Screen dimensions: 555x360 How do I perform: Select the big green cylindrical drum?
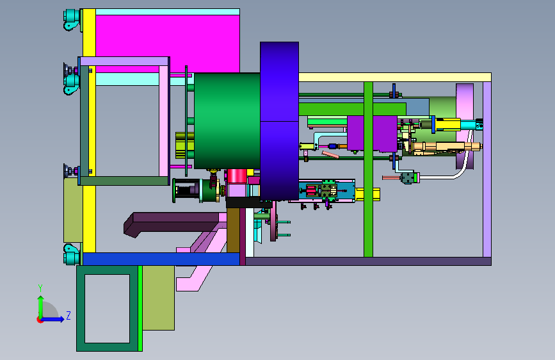click(227, 121)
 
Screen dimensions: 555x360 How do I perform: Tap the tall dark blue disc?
click(279, 121)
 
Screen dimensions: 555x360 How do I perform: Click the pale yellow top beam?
click(395, 78)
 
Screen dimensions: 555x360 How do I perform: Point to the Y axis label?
click(40, 288)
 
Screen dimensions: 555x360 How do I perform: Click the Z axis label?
click(68, 315)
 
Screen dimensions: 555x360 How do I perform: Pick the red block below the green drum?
click(237, 176)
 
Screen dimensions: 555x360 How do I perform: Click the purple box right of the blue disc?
click(372, 133)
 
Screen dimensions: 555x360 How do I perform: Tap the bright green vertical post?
click(368, 169)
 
